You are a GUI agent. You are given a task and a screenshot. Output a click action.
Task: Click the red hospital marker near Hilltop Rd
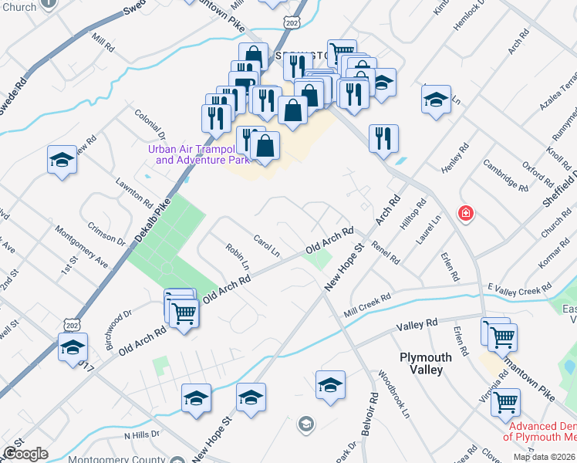point(465,213)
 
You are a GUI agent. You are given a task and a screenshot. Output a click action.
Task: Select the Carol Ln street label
point(266,245)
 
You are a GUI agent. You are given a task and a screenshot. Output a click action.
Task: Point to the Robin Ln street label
point(238,256)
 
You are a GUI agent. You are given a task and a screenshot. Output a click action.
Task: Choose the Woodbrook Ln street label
point(393,394)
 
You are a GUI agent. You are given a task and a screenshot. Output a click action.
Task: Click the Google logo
point(25,454)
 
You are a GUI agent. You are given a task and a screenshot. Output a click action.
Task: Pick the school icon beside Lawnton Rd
point(62,161)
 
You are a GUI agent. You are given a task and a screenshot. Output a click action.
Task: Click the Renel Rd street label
point(385,252)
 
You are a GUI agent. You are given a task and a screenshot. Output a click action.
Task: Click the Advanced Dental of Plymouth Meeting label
point(539,431)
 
